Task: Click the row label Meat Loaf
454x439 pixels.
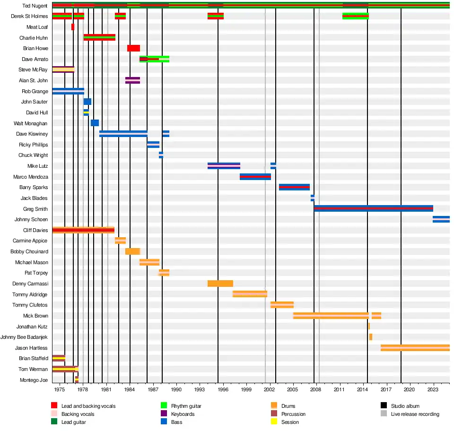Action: click(37, 27)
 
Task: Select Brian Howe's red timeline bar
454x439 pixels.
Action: click(133, 48)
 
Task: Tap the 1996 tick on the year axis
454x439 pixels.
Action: click(223, 389)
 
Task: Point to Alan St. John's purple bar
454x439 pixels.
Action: click(132, 80)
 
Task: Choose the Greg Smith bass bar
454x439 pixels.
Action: click(373, 208)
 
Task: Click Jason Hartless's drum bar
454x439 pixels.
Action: click(415, 348)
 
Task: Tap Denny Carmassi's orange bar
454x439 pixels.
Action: click(220, 284)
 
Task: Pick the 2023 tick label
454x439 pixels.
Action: click(433, 389)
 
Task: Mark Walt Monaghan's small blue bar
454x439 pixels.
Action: click(95, 123)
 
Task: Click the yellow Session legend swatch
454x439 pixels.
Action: click(274, 422)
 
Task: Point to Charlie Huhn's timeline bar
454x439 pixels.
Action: click(99, 37)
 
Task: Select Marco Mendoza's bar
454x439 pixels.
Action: click(255, 177)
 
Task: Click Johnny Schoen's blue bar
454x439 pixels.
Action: click(441, 219)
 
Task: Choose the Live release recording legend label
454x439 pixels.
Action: click(415, 414)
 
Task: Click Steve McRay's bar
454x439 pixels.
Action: click(63, 69)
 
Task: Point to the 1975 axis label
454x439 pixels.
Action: click(60, 389)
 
